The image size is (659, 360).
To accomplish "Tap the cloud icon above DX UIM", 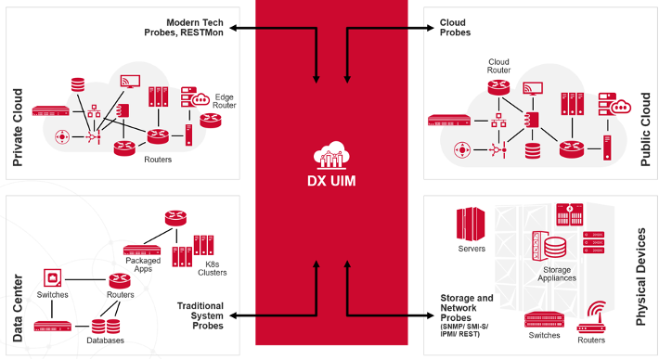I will coord(330,154).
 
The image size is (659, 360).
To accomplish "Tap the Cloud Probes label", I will coord(455,27).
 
